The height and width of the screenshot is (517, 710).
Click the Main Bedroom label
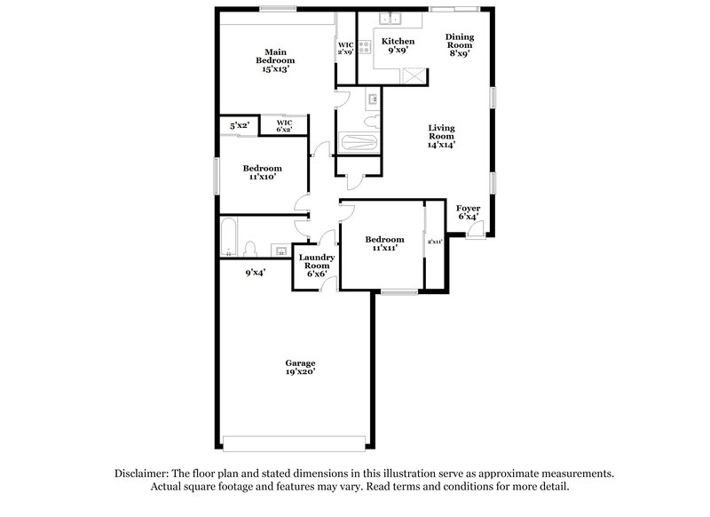pyautogui.click(x=275, y=60)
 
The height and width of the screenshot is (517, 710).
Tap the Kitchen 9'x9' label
pyautogui.click(x=398, y=46)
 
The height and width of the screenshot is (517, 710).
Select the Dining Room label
pyautogui.click(x=460, y=44)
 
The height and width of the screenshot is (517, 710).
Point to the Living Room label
pyautogui.click(x=441, y=136)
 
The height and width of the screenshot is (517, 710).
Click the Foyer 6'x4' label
pyautogui.click(x=469, y=212)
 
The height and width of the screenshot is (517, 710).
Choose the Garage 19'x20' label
pyautogui.click(x=300, y=367)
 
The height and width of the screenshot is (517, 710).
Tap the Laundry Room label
pyautogui.click(x=317, y=266)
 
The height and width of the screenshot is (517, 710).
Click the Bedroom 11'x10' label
pyautogui.click(x=262, y=172)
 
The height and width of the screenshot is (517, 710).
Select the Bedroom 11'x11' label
pyautogui.click(x=385, y=243)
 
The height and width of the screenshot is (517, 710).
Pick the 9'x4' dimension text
pyautogui.click(x=256, y=273)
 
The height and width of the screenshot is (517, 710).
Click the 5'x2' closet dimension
pyautogui.click(x=240, y=125)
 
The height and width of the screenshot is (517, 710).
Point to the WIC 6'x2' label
pyautogui.click(x=284, y=125)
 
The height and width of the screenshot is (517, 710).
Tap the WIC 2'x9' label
pyautogui.click(x=345, y=48)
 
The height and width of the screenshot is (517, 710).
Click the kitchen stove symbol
pyautogui.click(x=365, y=47)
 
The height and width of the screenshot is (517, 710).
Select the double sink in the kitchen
pyautogui.click(x=390, y=19)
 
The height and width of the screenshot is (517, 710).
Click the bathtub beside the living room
pyautogui.click(x=359, y=143)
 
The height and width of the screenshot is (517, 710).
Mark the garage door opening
pyautogui.click(x=295, y=443)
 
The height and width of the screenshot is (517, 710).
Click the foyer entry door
pyautogui.click(x=476, y=229)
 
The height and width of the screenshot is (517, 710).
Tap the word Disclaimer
pyautogui.click(x=142, y=473)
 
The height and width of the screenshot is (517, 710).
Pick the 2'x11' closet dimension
pyautogui.click(x=435, y=242)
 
